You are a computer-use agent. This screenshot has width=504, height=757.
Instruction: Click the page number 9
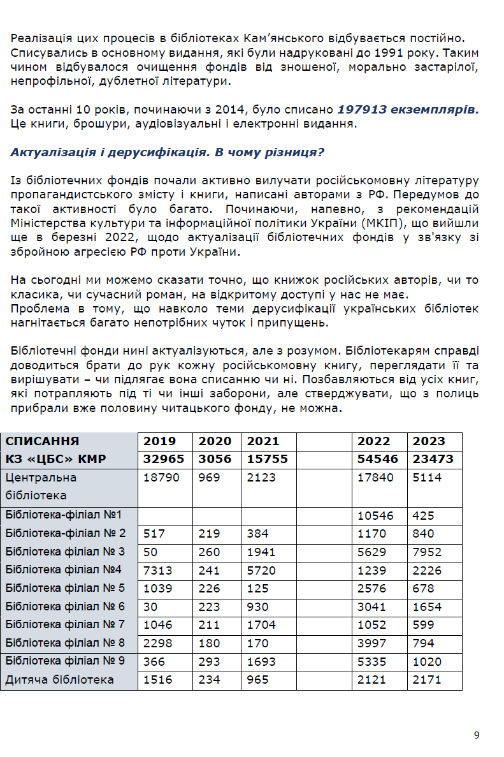coord(477,735)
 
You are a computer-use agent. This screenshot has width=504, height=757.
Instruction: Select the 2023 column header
coord(429,441)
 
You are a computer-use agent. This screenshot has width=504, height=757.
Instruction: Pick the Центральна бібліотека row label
coord(41,486)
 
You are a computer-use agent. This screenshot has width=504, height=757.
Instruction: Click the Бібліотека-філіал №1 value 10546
coord(376,515)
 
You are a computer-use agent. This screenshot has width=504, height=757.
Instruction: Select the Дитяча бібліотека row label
coord(60,680)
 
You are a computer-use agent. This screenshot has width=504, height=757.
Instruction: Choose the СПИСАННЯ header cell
coord(43,441)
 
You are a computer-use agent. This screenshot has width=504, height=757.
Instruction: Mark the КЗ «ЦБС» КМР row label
coord(56,459)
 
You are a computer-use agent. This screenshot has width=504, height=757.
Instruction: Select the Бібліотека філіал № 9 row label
coord(66,661)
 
